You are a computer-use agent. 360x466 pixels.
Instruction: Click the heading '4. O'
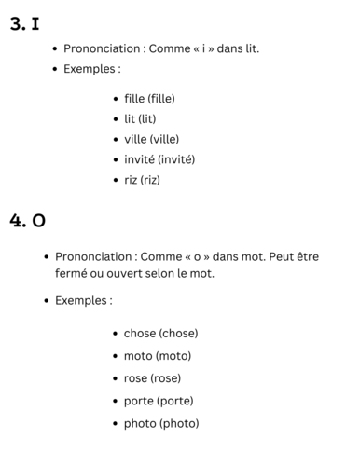(x=28, y=221)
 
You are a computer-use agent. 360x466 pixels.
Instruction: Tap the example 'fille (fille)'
(x=149, y=98)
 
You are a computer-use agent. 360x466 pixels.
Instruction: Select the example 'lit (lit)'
(x=143, y=118)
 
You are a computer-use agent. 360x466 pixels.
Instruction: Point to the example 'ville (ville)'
(x=151, y=139)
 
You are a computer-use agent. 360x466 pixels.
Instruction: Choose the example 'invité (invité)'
(x=159, y=159)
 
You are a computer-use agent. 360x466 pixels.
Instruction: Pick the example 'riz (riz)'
(x=142, y=180)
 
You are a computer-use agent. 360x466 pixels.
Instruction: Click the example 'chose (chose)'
(x=160, y=333)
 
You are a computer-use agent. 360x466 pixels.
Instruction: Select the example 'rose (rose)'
(x=152, y=378)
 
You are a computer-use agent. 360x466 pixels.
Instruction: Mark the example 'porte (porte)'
(x=159, y=401)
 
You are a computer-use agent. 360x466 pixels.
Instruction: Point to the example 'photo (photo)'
(x=161, y=423)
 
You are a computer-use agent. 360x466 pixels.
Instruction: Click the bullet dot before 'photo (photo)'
(x=115, y=424)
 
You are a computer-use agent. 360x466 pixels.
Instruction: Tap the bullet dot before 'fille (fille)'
(x=115, y=99)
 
